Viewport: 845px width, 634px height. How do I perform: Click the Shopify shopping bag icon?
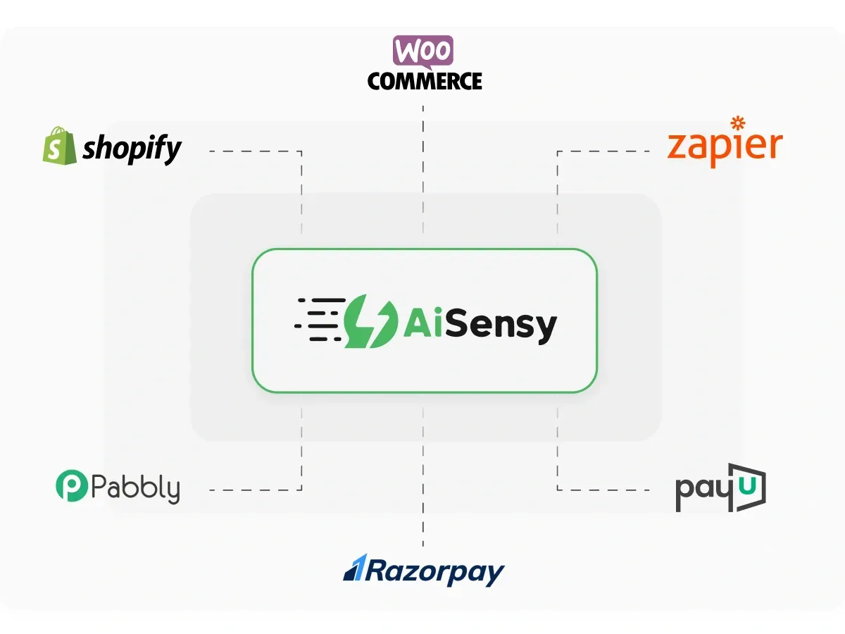(58, 146)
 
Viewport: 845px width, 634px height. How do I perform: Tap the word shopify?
(132, 149)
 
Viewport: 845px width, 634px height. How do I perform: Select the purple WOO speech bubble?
(423, 52)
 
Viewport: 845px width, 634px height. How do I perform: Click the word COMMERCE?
(425, 81)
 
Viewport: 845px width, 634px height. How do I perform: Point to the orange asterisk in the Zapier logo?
(737, 123)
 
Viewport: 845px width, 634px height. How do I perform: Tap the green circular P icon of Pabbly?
(71, 487)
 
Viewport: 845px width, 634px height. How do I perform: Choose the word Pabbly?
(135, 488)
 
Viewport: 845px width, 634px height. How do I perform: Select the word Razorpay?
(434, 571)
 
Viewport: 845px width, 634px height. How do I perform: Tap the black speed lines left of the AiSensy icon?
(320, 318)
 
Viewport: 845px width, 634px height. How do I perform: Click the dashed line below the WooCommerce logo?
(423, 169)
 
